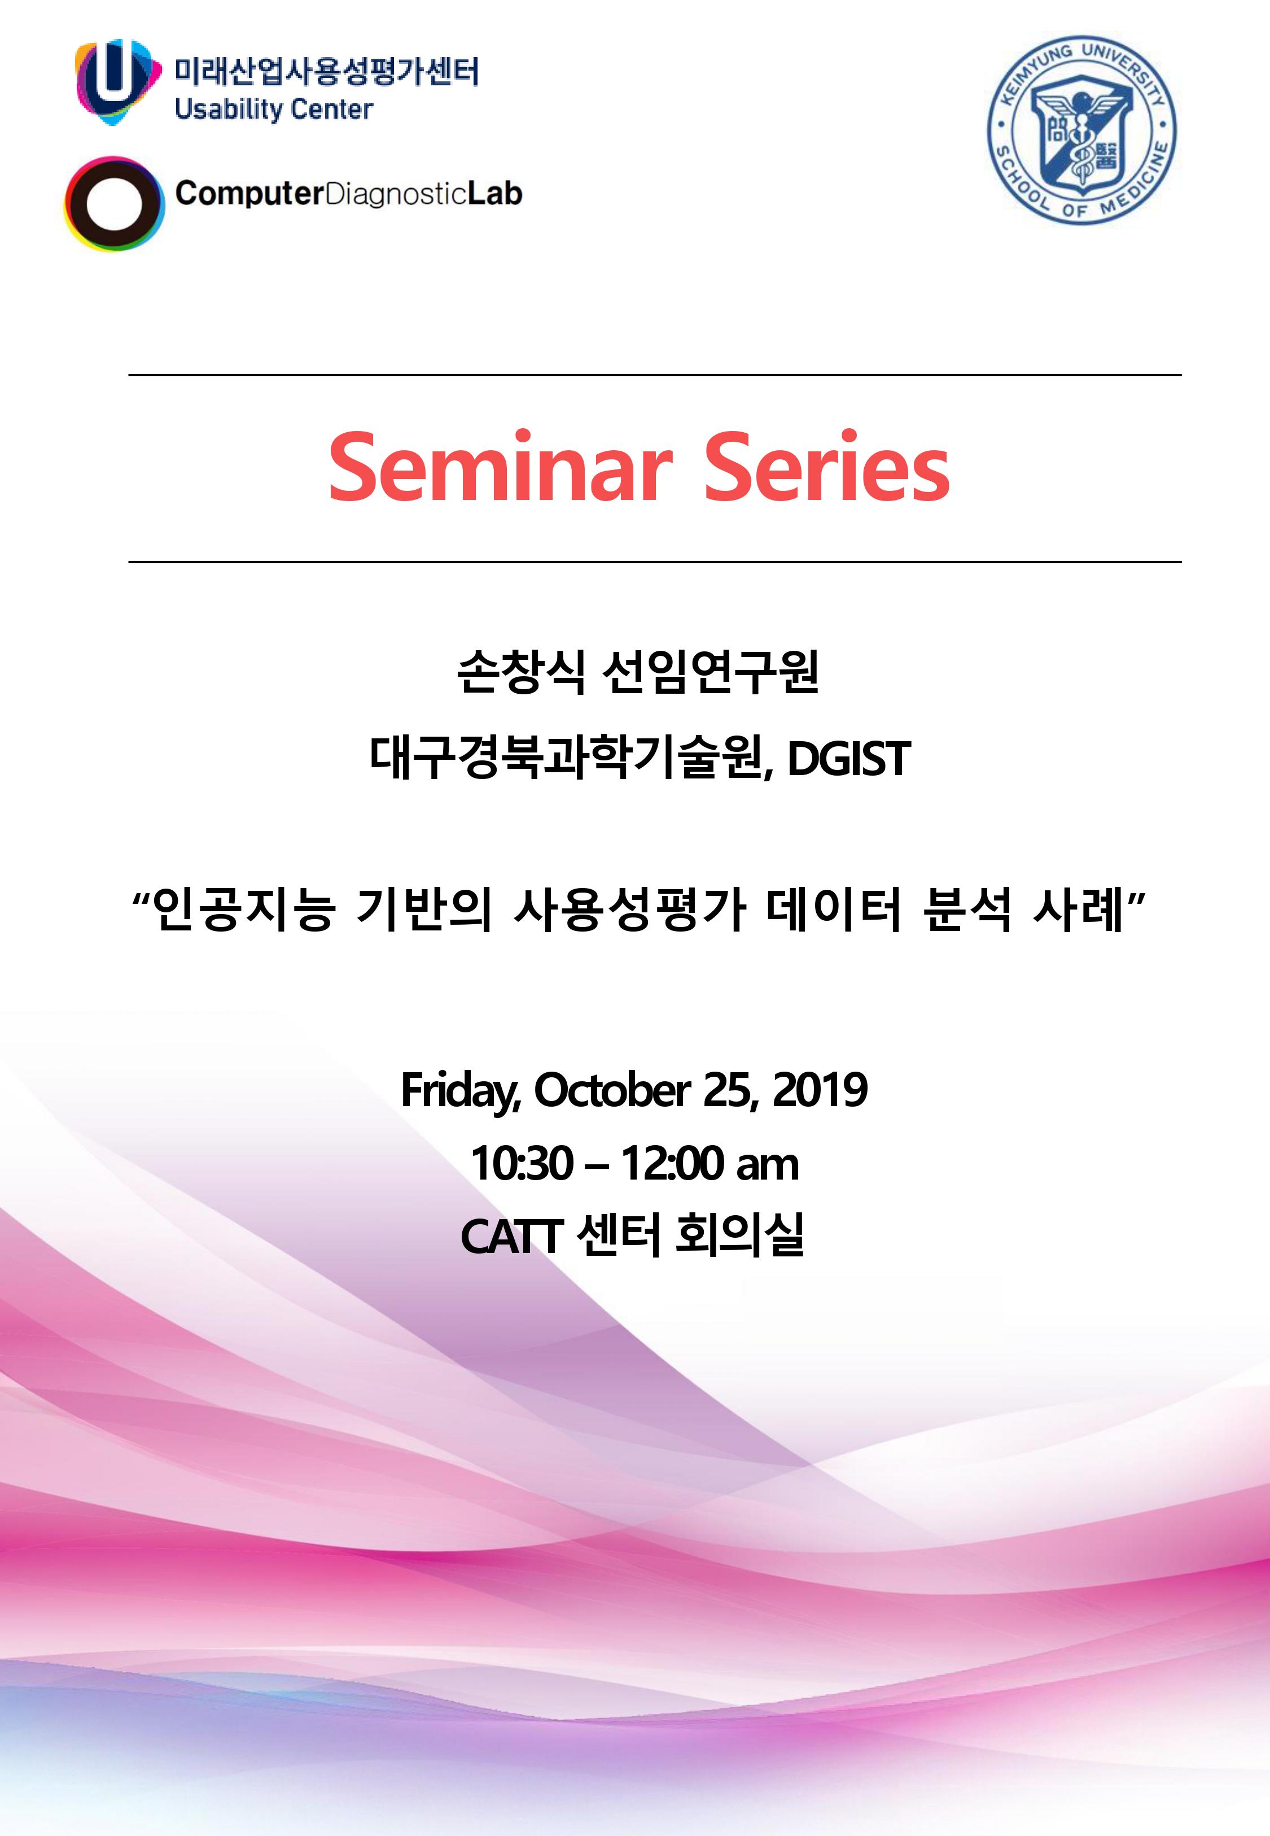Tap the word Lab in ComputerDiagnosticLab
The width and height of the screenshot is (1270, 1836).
(494, 193)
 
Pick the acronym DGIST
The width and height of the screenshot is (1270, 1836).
(848, 759)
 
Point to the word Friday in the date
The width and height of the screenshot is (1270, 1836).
(461, 1091)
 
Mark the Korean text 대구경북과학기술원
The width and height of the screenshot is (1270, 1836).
(570, 759)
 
